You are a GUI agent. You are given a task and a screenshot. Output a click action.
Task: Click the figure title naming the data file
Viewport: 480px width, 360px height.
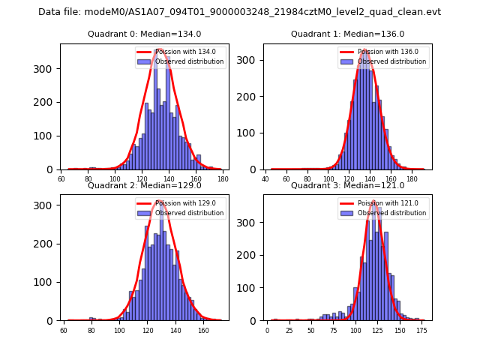pos(239,12)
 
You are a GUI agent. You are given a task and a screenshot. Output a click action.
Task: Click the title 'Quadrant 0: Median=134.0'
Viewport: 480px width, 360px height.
pos(144,34)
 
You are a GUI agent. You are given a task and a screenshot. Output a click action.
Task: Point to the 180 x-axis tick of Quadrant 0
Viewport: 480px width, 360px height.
pos(223,178)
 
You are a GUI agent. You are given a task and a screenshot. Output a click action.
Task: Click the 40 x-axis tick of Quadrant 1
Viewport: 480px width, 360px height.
pos(265,178)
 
